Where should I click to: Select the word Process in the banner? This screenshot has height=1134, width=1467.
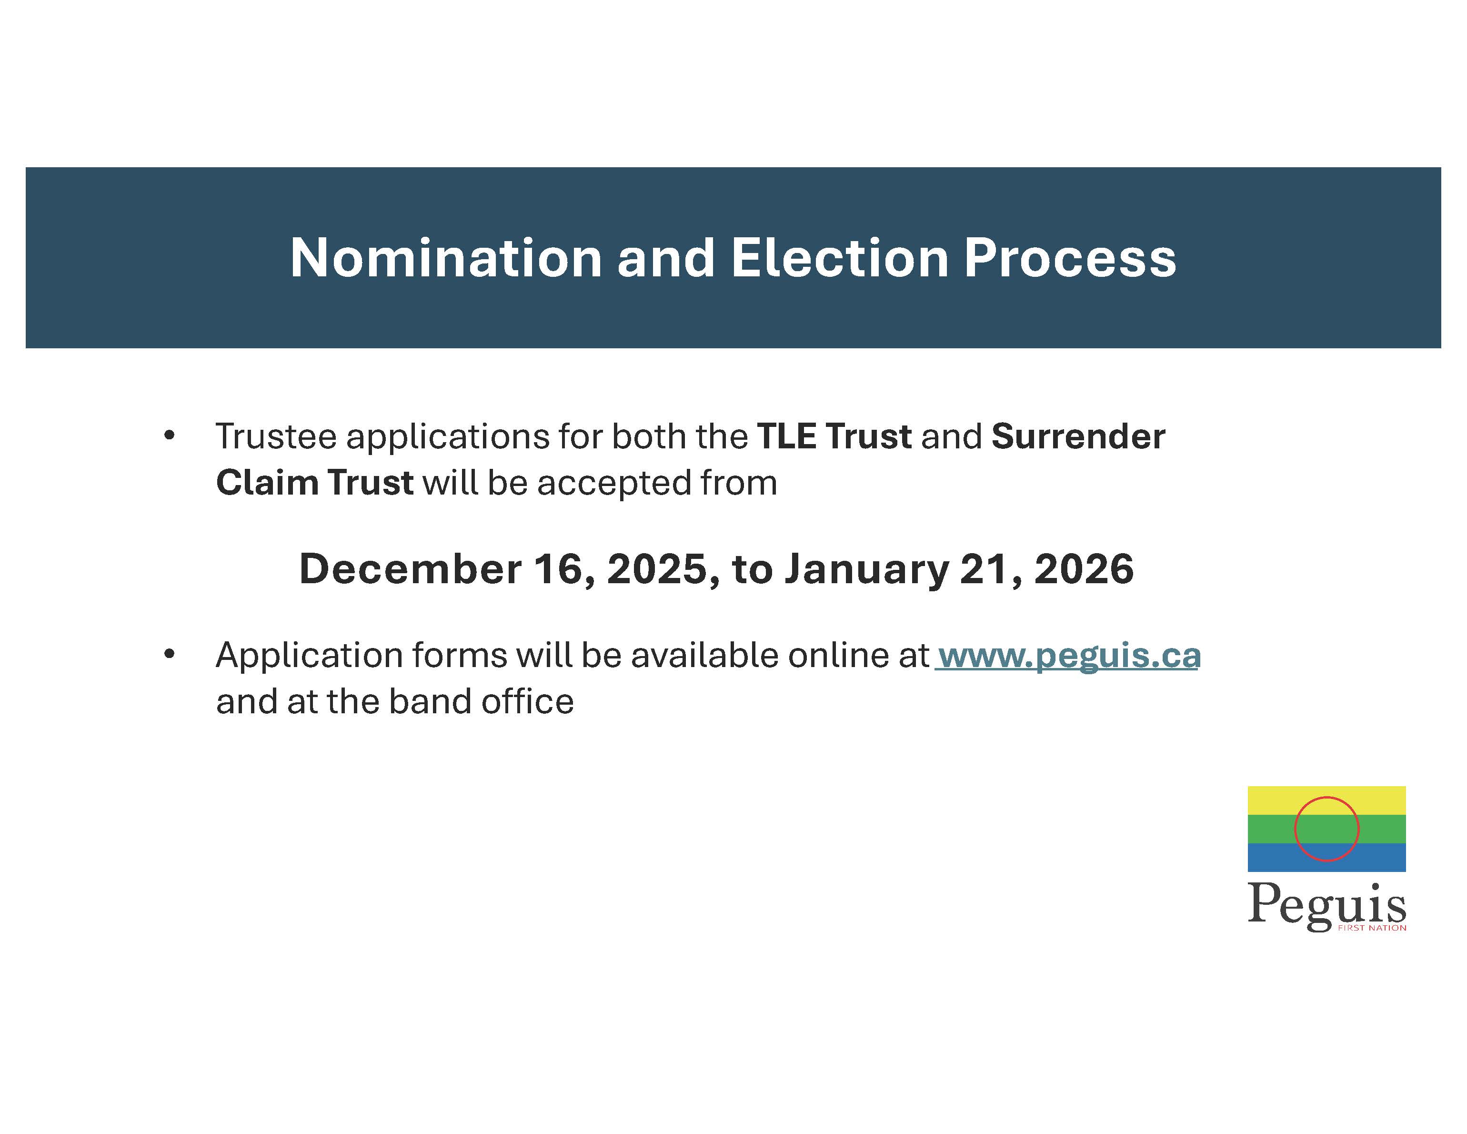[x=1070, y=258]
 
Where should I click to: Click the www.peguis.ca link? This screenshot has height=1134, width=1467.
[x=1069, y=656]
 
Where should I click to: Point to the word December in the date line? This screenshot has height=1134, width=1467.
[x=410, y=569]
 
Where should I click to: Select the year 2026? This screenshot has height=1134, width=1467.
[x=1084, y=569]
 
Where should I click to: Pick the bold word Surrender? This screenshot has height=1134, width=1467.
[x=1078, y=436]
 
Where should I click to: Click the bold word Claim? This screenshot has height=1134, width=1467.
[x=267, y=483]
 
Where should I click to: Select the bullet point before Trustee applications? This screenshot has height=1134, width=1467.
[x=169, y=436]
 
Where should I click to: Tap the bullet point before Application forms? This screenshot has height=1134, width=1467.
[x=169, y=654]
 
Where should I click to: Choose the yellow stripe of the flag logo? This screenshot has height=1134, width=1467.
[x=1326, y=801]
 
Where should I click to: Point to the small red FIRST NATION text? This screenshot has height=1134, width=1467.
[x=1372, y=928]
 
